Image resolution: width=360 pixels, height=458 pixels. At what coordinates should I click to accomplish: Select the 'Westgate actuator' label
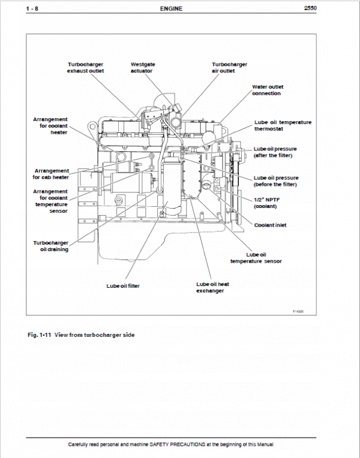(x=142, y=67)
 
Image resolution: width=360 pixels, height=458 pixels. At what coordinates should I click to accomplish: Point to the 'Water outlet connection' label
(x=266, y=90)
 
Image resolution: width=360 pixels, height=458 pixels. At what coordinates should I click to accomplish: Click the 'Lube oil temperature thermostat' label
(x=283, y=125)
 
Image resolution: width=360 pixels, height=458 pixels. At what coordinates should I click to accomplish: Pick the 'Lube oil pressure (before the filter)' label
(x=276, y=180)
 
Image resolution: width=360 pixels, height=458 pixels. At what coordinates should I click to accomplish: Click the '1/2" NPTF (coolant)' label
(x=266, y=203)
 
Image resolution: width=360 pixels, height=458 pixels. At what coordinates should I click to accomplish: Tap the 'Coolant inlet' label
(x=270, y=225)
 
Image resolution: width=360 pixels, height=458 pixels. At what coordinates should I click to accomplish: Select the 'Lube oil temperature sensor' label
(x=256, y=258)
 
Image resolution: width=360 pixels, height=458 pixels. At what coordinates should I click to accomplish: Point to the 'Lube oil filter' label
(x=123, y=286)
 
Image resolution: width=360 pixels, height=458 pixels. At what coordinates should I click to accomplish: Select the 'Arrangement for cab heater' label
(x=51, y=174)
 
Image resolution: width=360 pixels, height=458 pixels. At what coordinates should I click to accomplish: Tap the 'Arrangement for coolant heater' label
(x=50, y=126)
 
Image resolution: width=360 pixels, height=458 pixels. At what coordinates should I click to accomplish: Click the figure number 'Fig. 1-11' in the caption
(x=39, y=335)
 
